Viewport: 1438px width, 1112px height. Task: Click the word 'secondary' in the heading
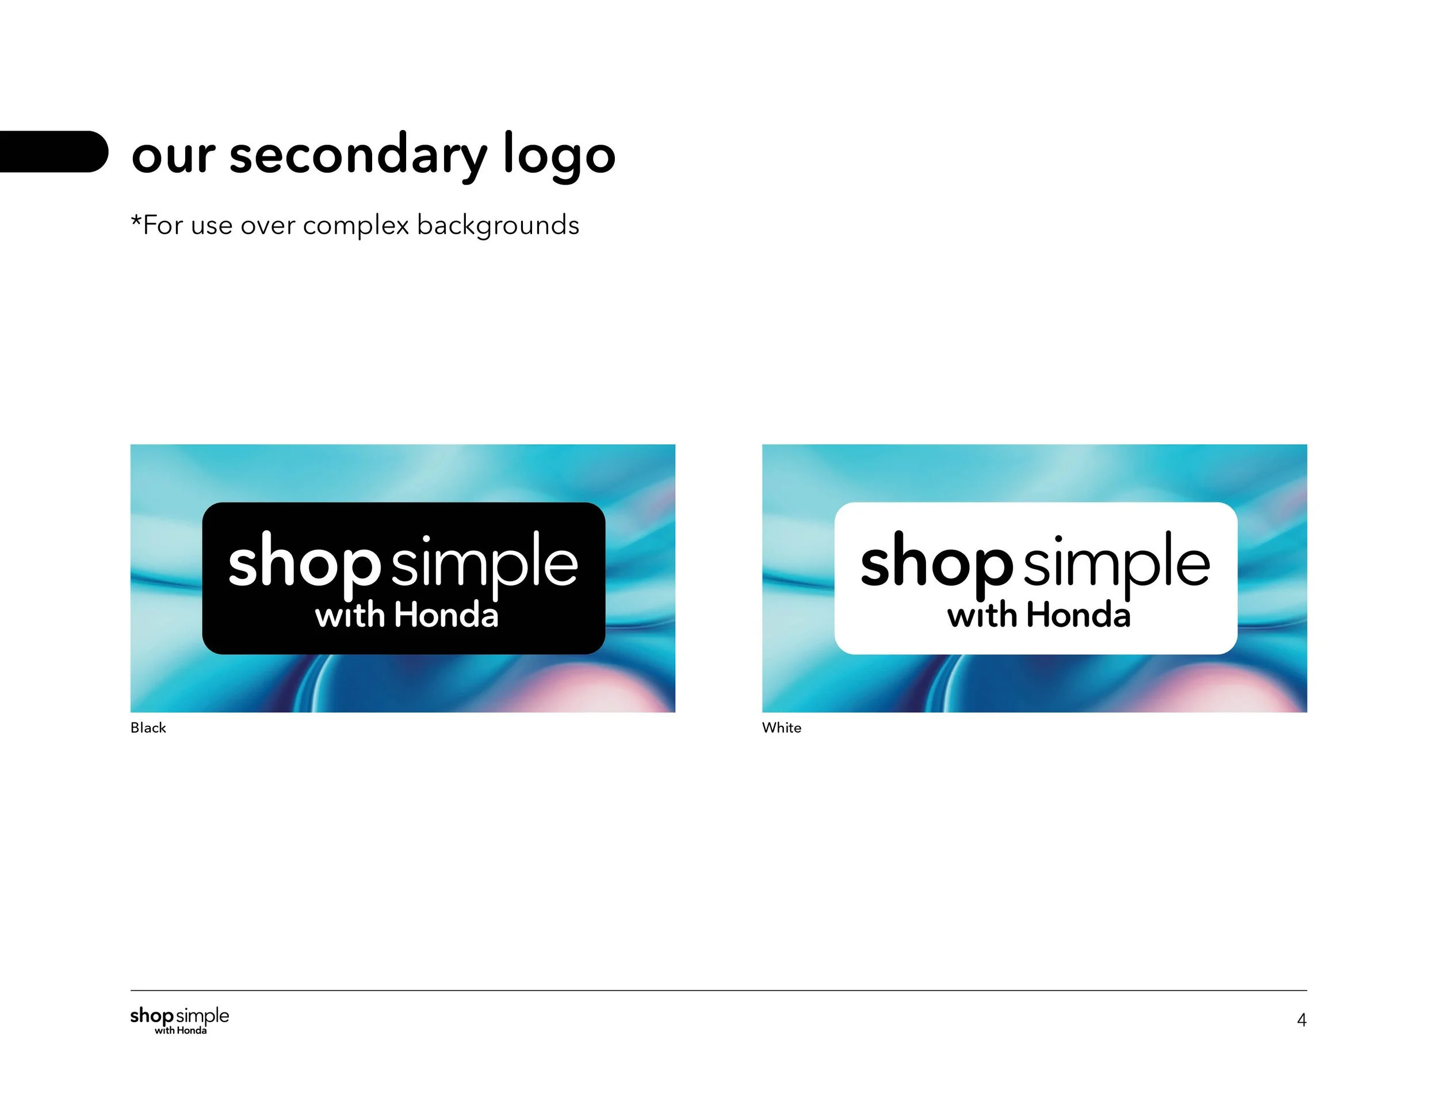[358, 155]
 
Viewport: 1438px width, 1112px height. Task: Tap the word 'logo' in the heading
[559, 155]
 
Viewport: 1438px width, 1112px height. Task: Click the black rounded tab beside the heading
[53, 151]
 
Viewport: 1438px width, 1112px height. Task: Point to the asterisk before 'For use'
[136, 222]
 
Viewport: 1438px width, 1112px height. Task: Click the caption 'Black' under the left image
[148, 728]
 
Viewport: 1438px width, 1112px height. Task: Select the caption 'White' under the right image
[782, 728]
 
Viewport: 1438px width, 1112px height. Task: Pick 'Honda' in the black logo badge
[446, 615]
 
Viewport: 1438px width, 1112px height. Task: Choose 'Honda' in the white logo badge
[1078, 615]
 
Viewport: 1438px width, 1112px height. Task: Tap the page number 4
[1301, 1020]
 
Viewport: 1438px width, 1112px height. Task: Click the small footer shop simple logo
[179, 1020]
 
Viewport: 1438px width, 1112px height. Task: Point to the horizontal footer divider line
[718, 990]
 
